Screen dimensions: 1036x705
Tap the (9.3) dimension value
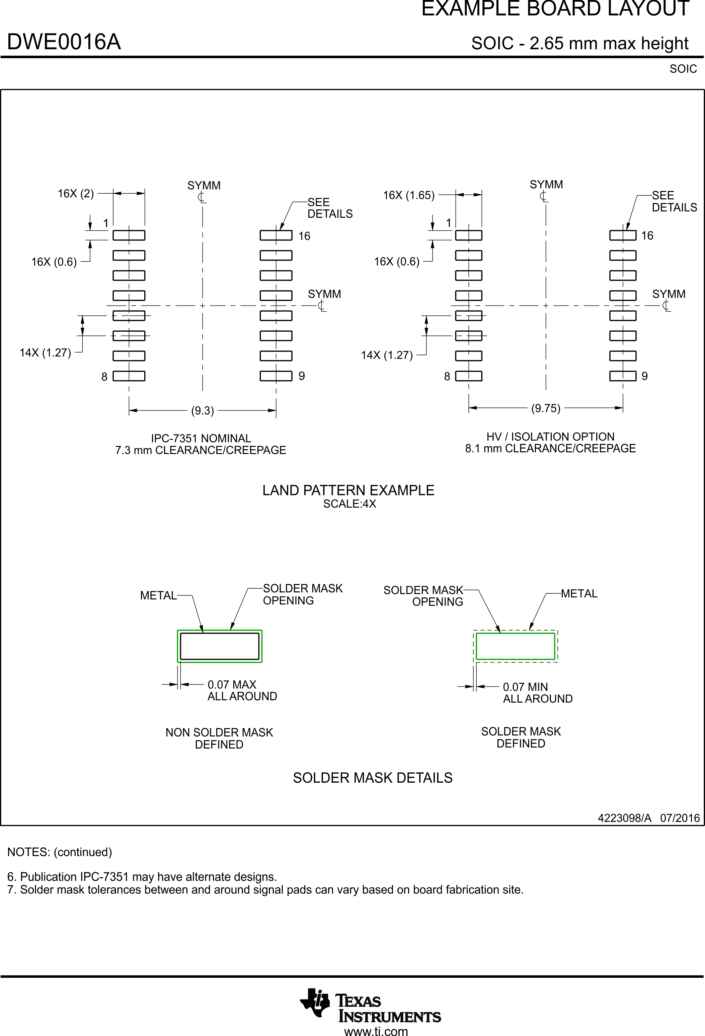[x=203, y=410]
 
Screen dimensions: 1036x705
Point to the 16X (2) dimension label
[x=76, y=193]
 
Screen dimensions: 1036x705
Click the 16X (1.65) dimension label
[x=408, y=195]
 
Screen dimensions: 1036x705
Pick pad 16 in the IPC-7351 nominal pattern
[x=276, y=235]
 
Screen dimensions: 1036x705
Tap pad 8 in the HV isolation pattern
[x=469, y=376]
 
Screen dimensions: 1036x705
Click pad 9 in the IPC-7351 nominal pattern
[x=276, y=376]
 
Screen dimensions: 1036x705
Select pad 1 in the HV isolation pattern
[x=469, y=235]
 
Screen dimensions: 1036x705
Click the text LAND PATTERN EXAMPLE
[x=348, y=491]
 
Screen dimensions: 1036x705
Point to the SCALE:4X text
[x=349, y=504]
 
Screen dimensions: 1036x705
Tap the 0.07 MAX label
[x=232, y=684]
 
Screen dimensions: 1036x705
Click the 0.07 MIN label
[x=526, y=687]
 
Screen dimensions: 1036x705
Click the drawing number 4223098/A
[x=624, y=818]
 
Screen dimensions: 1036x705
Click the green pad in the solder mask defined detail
[x=515, y=646]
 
